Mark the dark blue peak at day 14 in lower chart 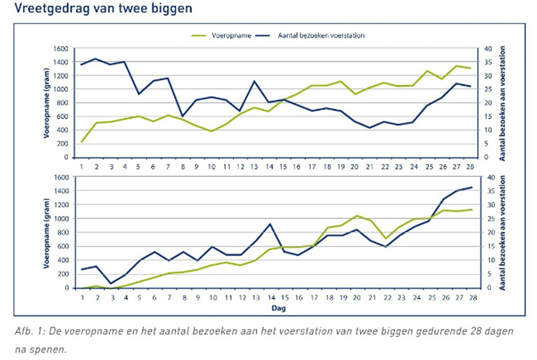(270, 224)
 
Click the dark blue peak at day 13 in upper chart (254, 81)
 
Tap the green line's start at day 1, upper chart (82, 142)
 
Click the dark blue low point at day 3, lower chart (110, 284)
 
